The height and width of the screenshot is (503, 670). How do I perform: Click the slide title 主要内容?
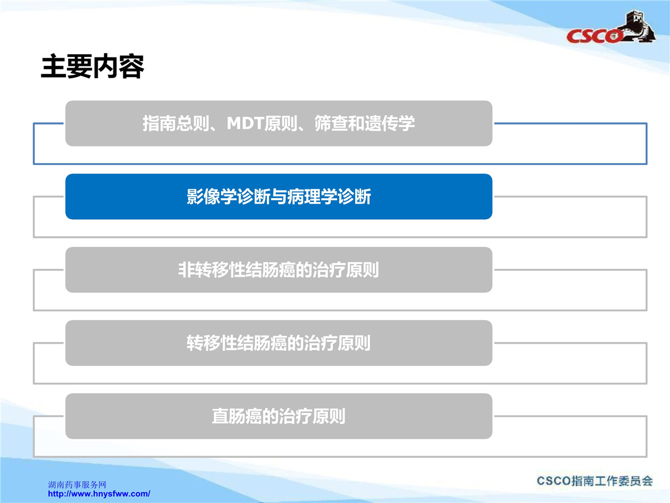(92, 67)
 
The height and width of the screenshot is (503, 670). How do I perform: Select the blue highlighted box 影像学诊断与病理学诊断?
(279, 196)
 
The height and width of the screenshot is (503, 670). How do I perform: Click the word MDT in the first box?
(245, 124)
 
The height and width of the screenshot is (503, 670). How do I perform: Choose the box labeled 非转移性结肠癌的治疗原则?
(279, 270)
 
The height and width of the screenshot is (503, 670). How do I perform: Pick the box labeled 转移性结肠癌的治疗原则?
(279, 343)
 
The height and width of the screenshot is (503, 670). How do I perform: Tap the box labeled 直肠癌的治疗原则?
(279, 416)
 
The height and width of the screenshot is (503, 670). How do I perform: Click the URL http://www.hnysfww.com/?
(99, 493)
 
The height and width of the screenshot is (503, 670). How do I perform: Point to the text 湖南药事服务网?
(77, 485)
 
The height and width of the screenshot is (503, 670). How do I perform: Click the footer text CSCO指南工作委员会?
(595, 481)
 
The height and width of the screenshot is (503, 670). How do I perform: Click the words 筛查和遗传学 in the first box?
(365, 124)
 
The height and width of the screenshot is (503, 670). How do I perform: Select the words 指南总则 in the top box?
(176, 124)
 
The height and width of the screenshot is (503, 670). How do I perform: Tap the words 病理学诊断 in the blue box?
(329, 196)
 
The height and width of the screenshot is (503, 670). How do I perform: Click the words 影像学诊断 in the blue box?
(228, 196)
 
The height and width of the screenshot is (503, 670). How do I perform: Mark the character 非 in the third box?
(187, 270)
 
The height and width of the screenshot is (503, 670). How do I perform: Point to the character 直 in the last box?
(220, 416)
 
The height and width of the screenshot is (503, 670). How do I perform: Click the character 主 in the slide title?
(54, 67)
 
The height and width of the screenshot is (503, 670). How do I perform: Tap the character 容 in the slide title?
(131, 67)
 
